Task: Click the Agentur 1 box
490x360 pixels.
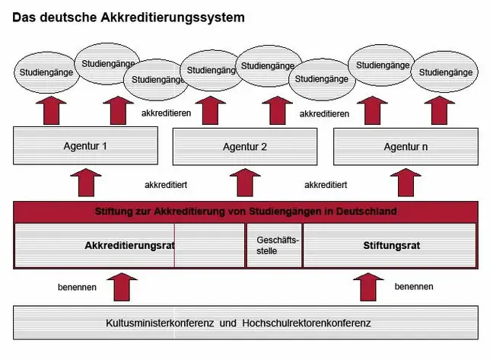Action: pos(85,145)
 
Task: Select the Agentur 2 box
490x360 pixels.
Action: pos(245,147)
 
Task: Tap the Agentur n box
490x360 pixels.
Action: pos(406,147)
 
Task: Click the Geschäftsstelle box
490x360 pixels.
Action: pos(275,246)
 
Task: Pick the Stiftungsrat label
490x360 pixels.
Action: pos(392,246)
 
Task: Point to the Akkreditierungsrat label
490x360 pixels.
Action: pos(129,246)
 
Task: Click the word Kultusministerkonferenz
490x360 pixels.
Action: pos(160,323)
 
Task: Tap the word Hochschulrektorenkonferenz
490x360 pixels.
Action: pos(307,323)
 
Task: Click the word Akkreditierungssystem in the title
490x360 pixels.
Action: pos(173,18)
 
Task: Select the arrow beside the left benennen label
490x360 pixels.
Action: pos(122,287)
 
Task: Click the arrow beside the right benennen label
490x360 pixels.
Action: pos(368,287)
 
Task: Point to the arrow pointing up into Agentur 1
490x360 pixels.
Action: pos(86,183)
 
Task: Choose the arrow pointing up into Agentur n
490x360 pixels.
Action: pos(406,183)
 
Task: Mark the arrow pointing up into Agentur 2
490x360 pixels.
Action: pos(245,183)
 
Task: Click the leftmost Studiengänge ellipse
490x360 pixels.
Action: pos(46,72)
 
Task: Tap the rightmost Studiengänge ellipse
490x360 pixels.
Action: pos(445,72)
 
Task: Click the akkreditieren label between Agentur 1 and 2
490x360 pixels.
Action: pos(166,113)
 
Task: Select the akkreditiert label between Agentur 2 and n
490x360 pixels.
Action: pos(326,185)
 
